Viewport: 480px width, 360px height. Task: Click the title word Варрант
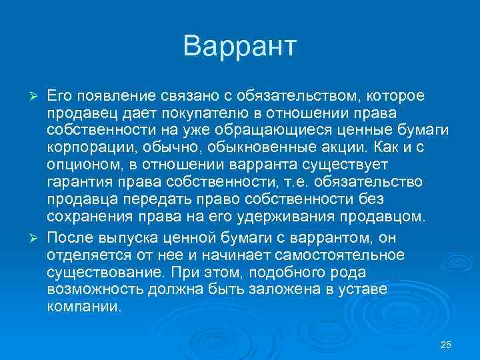(239, 46)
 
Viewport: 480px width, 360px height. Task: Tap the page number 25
(446, 345)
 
